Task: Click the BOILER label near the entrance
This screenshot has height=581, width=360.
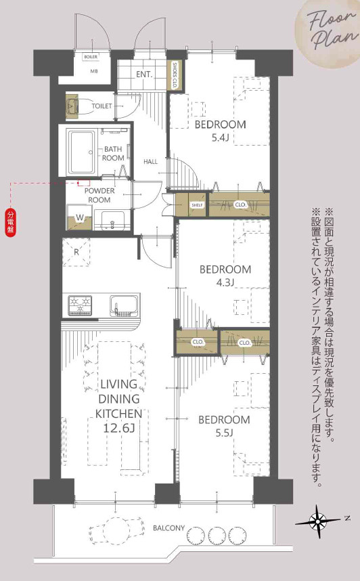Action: [90, 58]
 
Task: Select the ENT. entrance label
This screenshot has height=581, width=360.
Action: [143, 74]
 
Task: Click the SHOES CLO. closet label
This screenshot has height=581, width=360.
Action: [175, 75]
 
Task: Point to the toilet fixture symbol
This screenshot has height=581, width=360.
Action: [75, 106]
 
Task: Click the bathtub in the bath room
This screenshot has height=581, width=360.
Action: [81, 151]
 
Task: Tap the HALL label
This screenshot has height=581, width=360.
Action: [151, 162]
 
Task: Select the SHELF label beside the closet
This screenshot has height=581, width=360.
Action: [197, 205]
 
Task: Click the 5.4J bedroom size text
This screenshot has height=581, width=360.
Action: [221, 138]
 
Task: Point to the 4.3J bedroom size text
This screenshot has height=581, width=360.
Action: [225, 282]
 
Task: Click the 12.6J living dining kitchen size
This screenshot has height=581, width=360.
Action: [119, 427]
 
